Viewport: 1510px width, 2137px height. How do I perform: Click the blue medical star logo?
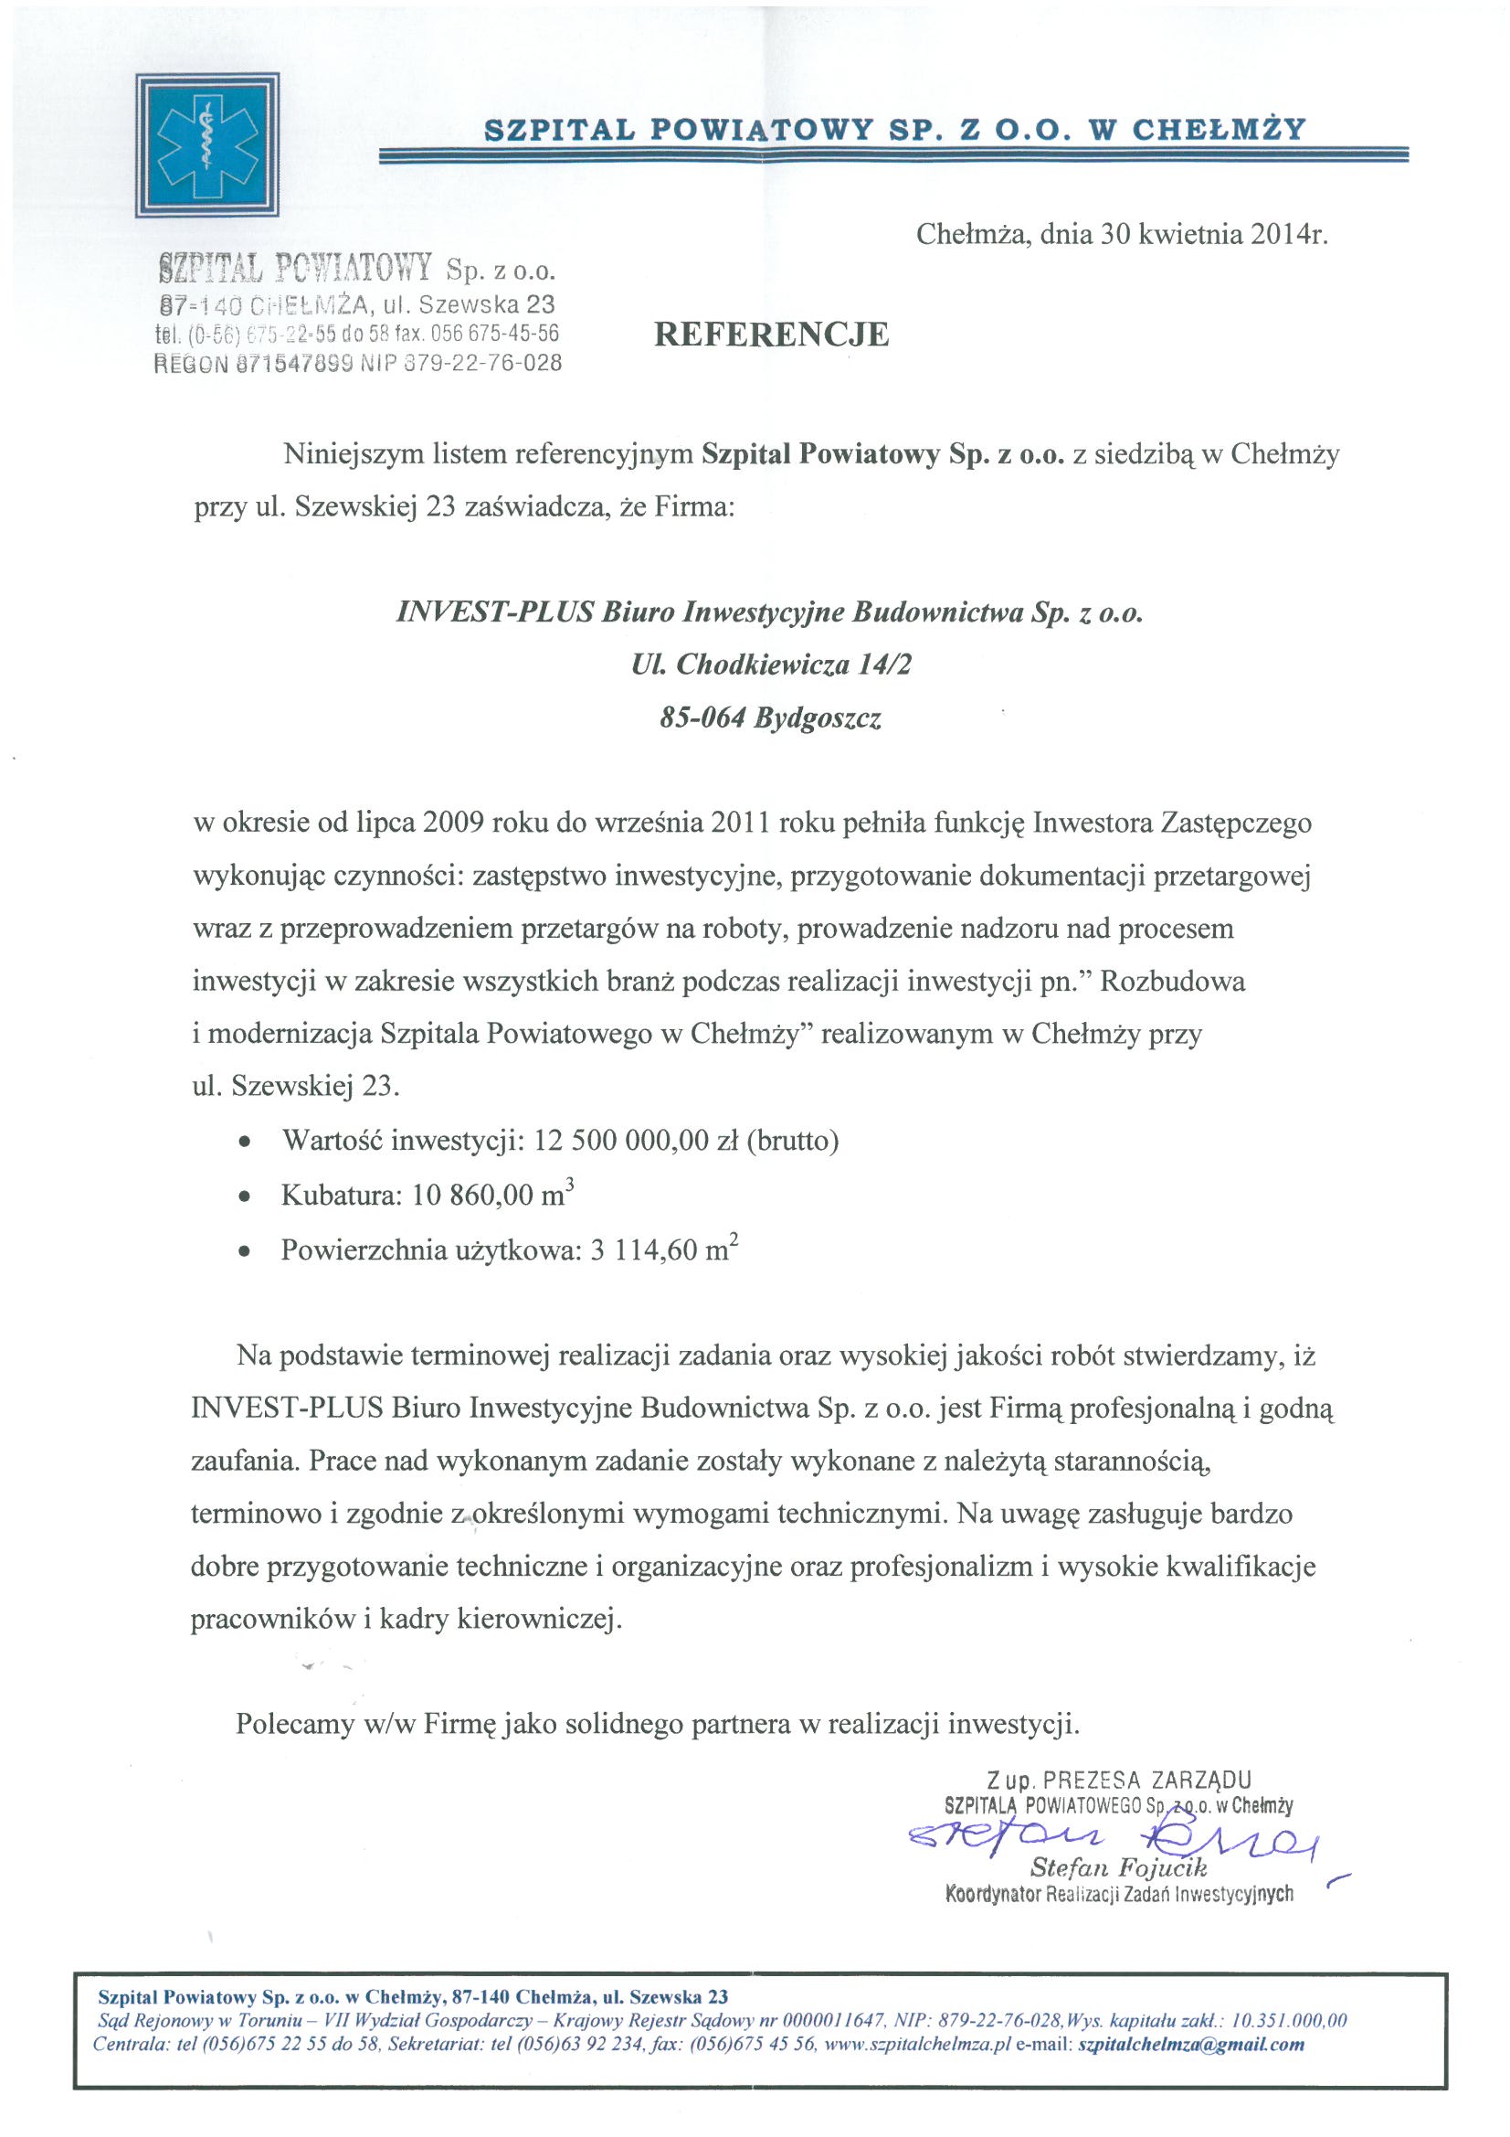pos(206,145)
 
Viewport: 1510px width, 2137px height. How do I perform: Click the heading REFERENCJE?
pos(770,335)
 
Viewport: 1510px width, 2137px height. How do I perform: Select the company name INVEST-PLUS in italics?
pos(494,611)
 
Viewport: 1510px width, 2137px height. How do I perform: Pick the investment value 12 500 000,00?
pos(620,1140)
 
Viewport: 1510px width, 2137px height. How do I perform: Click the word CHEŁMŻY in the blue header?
pos(1218,130)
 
